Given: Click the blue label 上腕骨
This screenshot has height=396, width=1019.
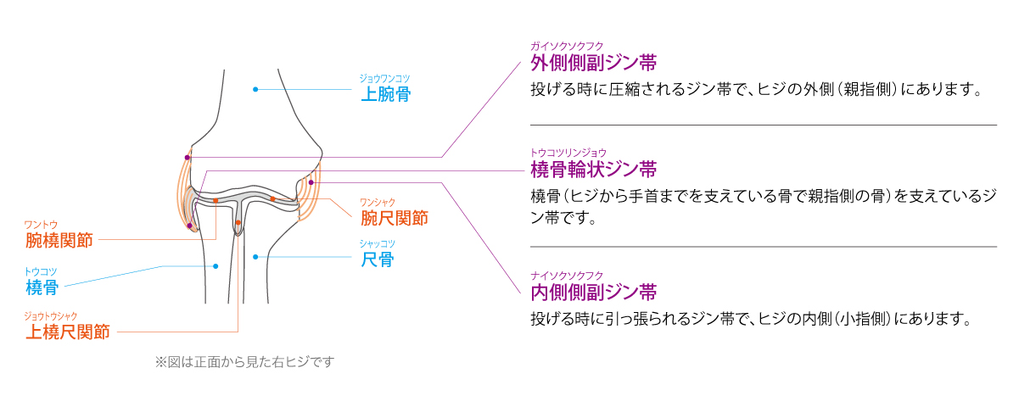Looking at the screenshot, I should pos(386,94).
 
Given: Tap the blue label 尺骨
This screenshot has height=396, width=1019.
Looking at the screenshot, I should pos(377,259).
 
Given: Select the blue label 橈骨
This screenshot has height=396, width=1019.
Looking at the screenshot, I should pos(42,287).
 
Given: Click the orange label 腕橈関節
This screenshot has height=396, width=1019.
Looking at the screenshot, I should pos(59,240).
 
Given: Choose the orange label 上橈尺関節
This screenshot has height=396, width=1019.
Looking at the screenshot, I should pos(68,332).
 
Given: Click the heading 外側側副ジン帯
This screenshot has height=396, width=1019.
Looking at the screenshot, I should pos(594,64).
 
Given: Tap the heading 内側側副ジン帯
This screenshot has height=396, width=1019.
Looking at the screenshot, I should pos(594,293).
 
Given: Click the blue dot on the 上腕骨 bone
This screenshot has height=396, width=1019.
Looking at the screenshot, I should pos(255,89).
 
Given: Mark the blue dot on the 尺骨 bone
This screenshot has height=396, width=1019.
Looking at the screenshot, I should pos(255,255).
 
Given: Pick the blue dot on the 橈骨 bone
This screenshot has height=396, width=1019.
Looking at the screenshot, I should pos(216,266).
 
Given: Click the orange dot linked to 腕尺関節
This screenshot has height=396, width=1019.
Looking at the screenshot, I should pos(273,198).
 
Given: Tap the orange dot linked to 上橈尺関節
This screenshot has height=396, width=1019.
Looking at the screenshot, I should pos(238,223).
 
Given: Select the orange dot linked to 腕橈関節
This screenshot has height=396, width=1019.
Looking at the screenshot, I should pos(216,201).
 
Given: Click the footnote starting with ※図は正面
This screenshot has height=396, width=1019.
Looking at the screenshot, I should pos(245,362).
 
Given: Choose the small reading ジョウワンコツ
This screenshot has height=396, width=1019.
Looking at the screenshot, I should pos(385,78).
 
